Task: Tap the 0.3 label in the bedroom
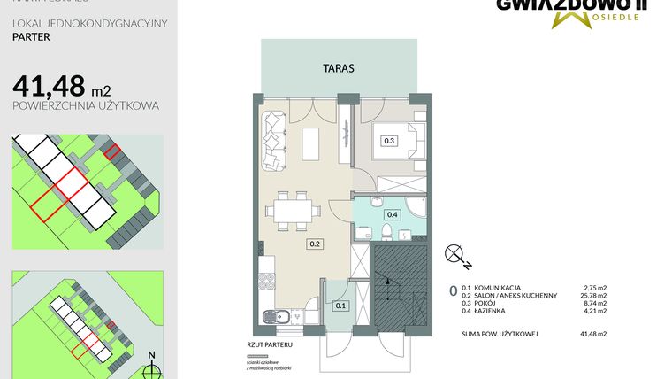(388, 140)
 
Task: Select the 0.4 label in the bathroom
(393, 213)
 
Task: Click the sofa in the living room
(272, 140)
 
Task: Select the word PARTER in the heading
(31, 38)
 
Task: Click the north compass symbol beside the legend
(458, 255)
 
